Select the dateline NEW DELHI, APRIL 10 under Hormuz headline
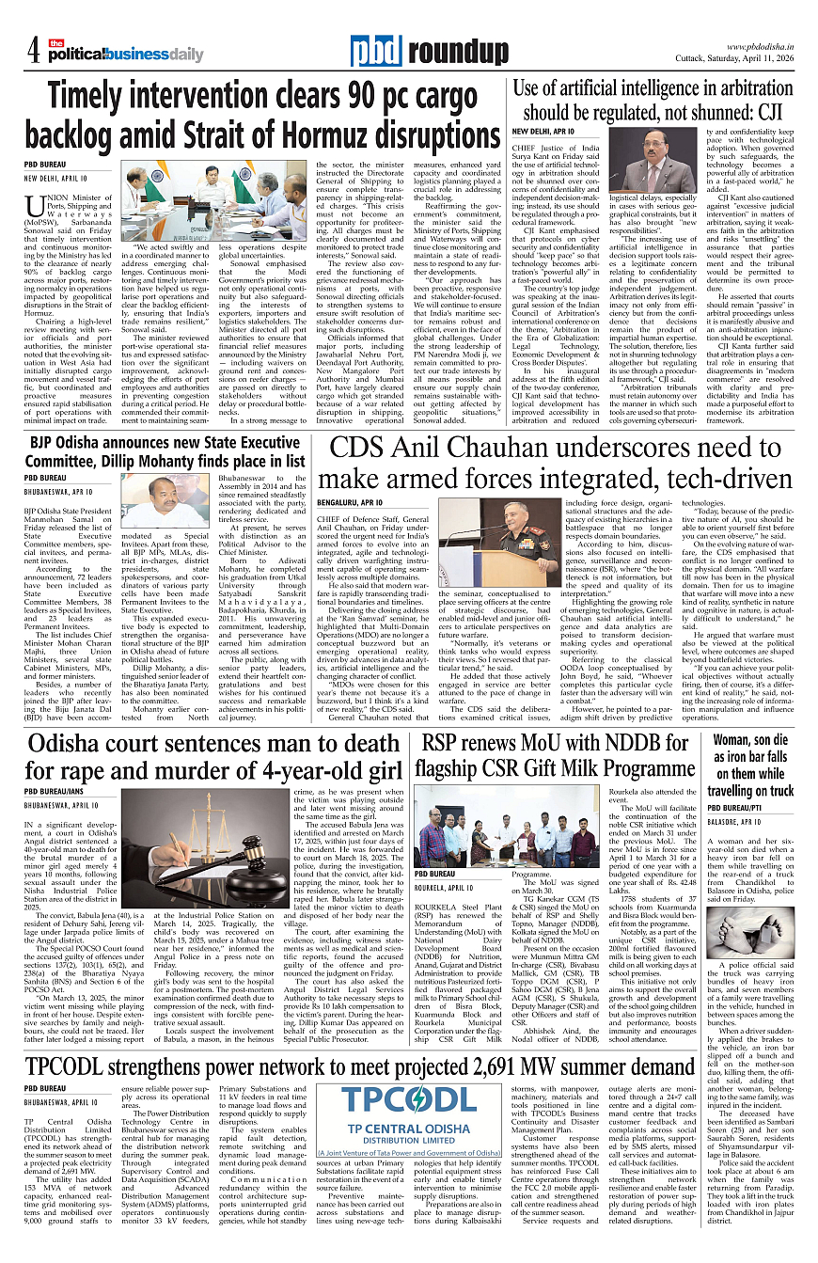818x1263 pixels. (55, 178)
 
